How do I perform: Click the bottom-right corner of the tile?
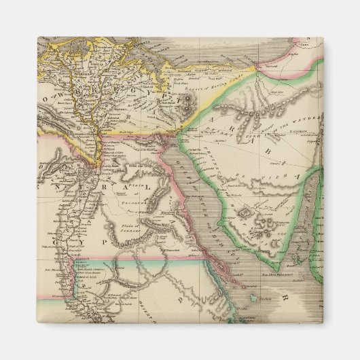[324, 324]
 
